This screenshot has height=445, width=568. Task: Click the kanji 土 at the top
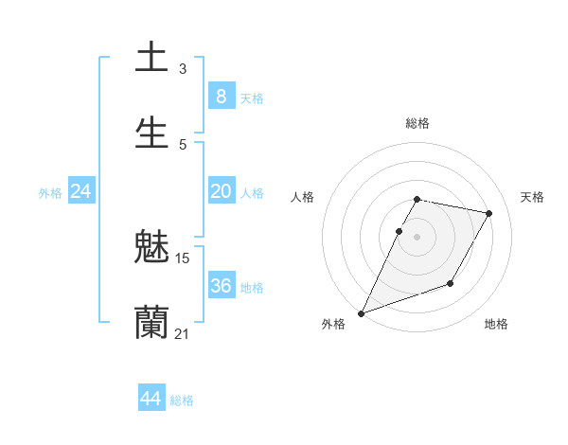point(151,58)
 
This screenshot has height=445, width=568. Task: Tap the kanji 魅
point(151,248)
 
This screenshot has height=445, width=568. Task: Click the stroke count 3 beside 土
point(183,68)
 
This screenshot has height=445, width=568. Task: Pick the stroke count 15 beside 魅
point(183,258)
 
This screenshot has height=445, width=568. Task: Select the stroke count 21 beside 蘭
point(182,333)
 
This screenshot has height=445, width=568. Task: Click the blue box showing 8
point(221,96)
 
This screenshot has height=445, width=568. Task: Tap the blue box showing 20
point(221,191)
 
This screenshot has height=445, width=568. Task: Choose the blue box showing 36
point(221,286)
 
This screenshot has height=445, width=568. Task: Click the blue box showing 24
point(80,191)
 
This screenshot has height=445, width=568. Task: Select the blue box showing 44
point(151,399)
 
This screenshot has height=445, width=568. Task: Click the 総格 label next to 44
point(182,400)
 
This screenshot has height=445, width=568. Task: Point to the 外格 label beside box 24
point(50,193)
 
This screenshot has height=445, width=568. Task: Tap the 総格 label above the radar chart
point(417,123)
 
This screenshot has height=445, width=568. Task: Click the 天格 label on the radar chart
point(532,197)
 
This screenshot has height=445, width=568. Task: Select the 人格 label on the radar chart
point(302,197)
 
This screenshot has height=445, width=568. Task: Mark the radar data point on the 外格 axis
point(361,313)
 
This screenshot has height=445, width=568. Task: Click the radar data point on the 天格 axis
point(489,213)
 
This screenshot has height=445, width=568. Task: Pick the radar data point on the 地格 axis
point(451,283)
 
